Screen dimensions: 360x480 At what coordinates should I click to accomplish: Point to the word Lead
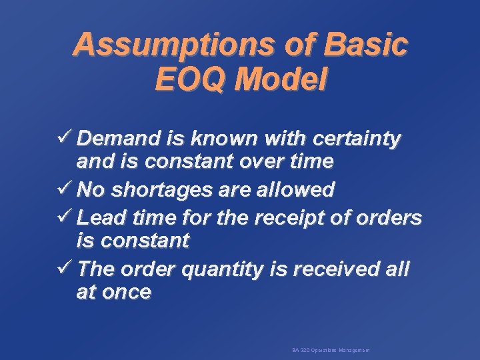pos(100,218)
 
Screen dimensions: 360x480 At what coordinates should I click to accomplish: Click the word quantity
pos(224,270)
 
